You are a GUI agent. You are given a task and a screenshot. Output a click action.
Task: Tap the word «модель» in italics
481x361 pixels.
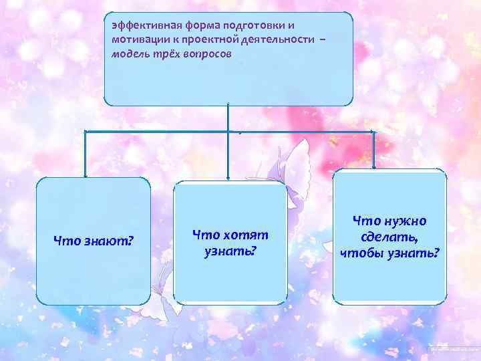tap(130, 55)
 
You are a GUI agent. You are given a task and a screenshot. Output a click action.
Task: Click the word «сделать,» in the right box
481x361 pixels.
tap(390, 237)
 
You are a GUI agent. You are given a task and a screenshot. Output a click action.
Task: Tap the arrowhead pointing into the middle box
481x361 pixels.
tap(228, 177)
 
